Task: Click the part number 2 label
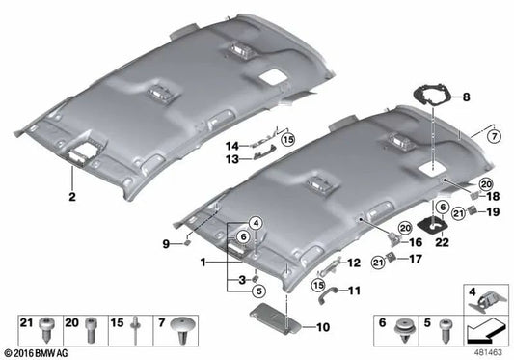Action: pyautogui.click(x=72, y=197)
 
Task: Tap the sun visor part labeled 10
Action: pyautogui.click(x=275, y=318)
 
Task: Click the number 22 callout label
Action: pyautogui.click(x=442, y=242)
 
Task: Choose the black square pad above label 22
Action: pyautogui.click(x=432, y=226)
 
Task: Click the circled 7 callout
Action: pyautogui.click(x=494, y=136)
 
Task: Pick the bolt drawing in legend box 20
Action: pyautogui.click(x=91, y=330)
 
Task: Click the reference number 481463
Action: pyautogui.click(x=488, y=353)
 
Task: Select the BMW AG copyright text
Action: pyautogui.click(x=37, y=354)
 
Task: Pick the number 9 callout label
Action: pyautogui.click(x=166, y=244)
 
